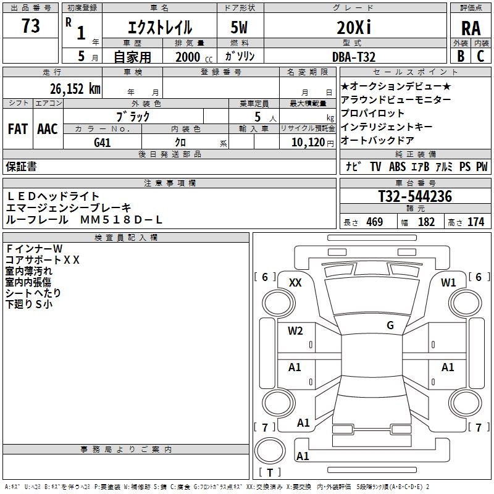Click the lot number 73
pos(30,27)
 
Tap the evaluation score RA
pos(471,28)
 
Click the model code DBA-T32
pos(353,56)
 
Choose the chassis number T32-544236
pos(414,197)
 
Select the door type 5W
pos(240,27)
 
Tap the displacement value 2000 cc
pos(188,57)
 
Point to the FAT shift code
pos(18,129)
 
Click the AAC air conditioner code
pos(48,129)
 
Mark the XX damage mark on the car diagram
pos(295,283)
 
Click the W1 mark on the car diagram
pos(448,283)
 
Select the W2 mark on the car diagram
pos(295,331)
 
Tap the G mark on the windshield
pos(390,325)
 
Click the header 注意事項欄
pos(170,183)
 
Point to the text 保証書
pos(21,167)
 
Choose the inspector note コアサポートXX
pos(43,259)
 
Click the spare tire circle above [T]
pos(270,450)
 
